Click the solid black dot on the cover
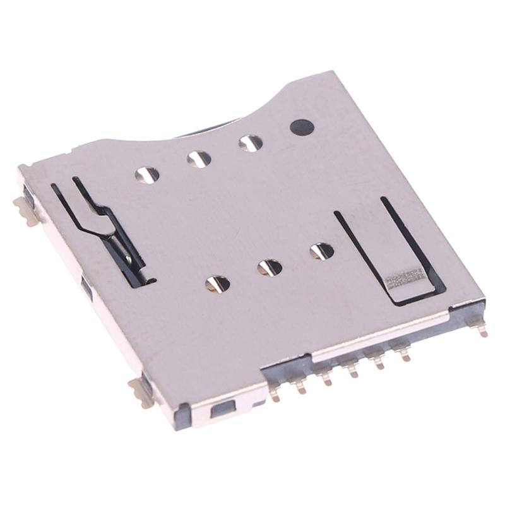[301, 127]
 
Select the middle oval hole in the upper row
[199, 159]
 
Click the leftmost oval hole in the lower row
[217, 283]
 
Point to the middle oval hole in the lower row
[270, 267]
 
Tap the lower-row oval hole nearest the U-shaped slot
[321, 251]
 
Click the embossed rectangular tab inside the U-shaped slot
[405, 278]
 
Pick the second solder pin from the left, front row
[300, 386]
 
